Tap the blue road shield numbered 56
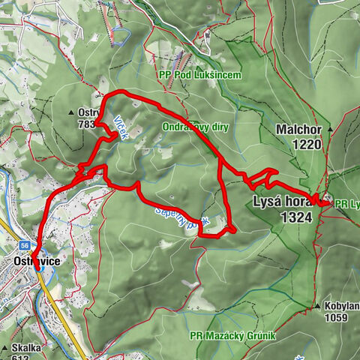click(25, 244)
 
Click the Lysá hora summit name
click(283, 202)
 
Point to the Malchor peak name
click(298, 128)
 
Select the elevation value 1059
click(335, 317)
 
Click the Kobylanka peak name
click(342, 306)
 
